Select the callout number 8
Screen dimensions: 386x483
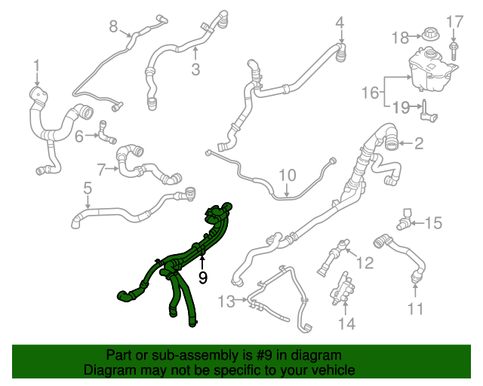114,26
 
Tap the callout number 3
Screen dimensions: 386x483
195,69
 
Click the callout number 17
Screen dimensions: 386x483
454,21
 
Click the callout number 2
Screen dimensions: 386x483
418,142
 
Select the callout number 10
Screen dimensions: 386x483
288,175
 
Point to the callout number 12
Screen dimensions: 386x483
365,262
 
